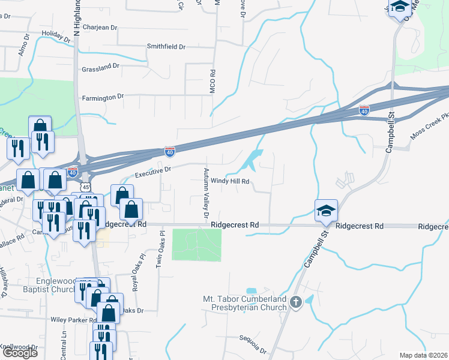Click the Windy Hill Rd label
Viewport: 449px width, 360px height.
coord(229,181)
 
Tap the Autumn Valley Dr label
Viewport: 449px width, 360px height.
coord(206,193)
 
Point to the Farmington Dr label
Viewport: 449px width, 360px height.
coord(103,96)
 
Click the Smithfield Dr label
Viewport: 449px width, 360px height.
coord(166,46)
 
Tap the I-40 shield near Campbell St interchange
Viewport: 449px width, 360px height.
coord(364,110)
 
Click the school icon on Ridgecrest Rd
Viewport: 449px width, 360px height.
coord(326,211)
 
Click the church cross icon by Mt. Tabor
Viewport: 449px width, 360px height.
coord(295,302)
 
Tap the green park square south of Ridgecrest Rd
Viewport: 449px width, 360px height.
coord(196,244)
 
